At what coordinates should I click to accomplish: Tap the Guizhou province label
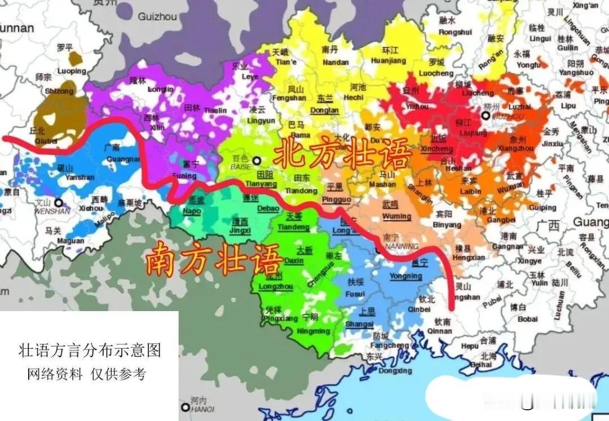(157, 17)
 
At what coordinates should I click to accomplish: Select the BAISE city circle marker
(257, 159)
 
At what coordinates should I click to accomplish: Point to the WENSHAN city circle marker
(58, 202)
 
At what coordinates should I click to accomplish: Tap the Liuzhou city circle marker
(485, 116)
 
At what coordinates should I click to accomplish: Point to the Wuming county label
(396, 216)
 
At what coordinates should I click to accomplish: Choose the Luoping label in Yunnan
(72, 71)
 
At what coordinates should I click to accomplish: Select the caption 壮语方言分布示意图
(90, 351)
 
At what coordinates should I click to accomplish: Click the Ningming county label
(313, 331)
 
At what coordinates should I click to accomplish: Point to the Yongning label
(405, 276)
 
